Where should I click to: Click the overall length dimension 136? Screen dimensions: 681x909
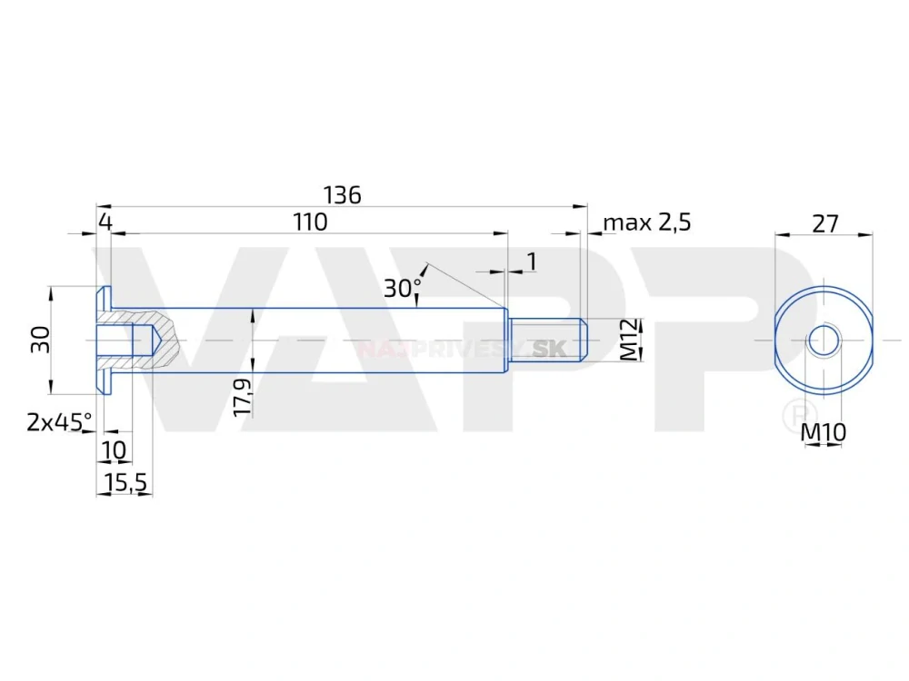[x=343, y=194]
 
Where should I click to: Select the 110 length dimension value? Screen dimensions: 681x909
[x=309, y=222]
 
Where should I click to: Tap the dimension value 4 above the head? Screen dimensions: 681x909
[x=105, y=222]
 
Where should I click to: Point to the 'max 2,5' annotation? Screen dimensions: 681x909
[x=647, y=222]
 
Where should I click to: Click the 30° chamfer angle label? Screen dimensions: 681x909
[x=402, y=288]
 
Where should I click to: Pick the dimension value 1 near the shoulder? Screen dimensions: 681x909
[x=532, y=262]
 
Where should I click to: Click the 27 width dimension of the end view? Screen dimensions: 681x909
[x=824, y=223]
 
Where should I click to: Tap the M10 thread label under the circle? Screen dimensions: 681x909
[x=824, y=434]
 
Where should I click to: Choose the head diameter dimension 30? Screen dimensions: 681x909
[x=39, y=340]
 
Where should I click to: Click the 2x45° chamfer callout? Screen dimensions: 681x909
[x=59, y=421]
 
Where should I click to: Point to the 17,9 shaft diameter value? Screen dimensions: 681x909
[x=241, y=399]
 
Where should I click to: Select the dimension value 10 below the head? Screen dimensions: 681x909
[x=115, y=449]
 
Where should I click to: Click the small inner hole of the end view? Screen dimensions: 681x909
[x=824, y=340]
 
